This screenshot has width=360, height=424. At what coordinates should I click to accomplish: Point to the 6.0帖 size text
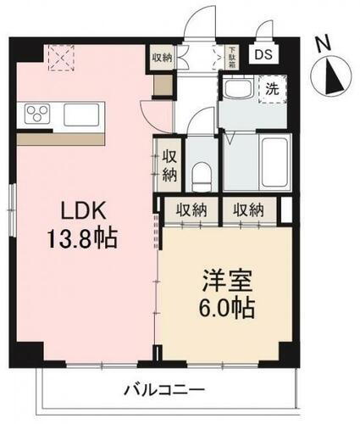224,307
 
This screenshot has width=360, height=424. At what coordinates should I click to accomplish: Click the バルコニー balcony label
163,389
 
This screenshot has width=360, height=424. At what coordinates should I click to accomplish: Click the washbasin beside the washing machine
236,89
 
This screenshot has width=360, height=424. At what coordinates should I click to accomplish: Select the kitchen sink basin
81,114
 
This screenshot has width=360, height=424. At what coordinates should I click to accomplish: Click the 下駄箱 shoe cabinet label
230,56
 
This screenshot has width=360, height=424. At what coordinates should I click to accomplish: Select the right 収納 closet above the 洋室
249,209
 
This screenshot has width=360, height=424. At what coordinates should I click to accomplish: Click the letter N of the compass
320,42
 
